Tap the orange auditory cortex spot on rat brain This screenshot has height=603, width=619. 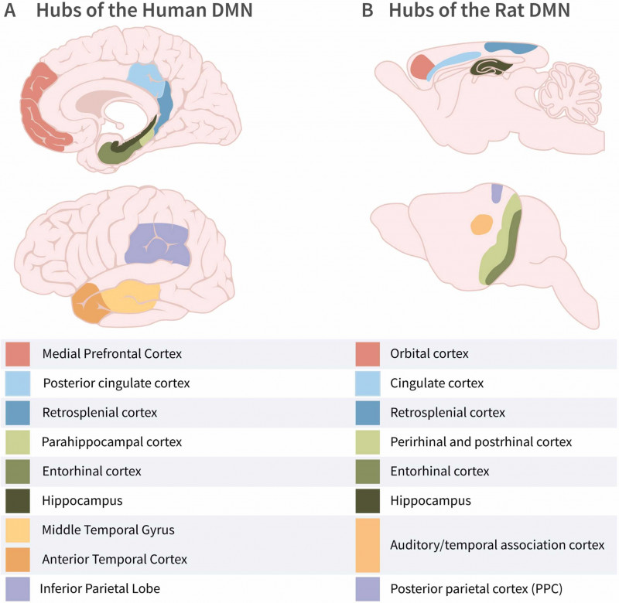[482, 225]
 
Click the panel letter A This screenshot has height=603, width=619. [10, 13]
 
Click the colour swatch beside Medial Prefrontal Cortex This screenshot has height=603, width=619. [18, 354]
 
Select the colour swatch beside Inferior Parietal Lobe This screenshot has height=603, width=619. [18, 589]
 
